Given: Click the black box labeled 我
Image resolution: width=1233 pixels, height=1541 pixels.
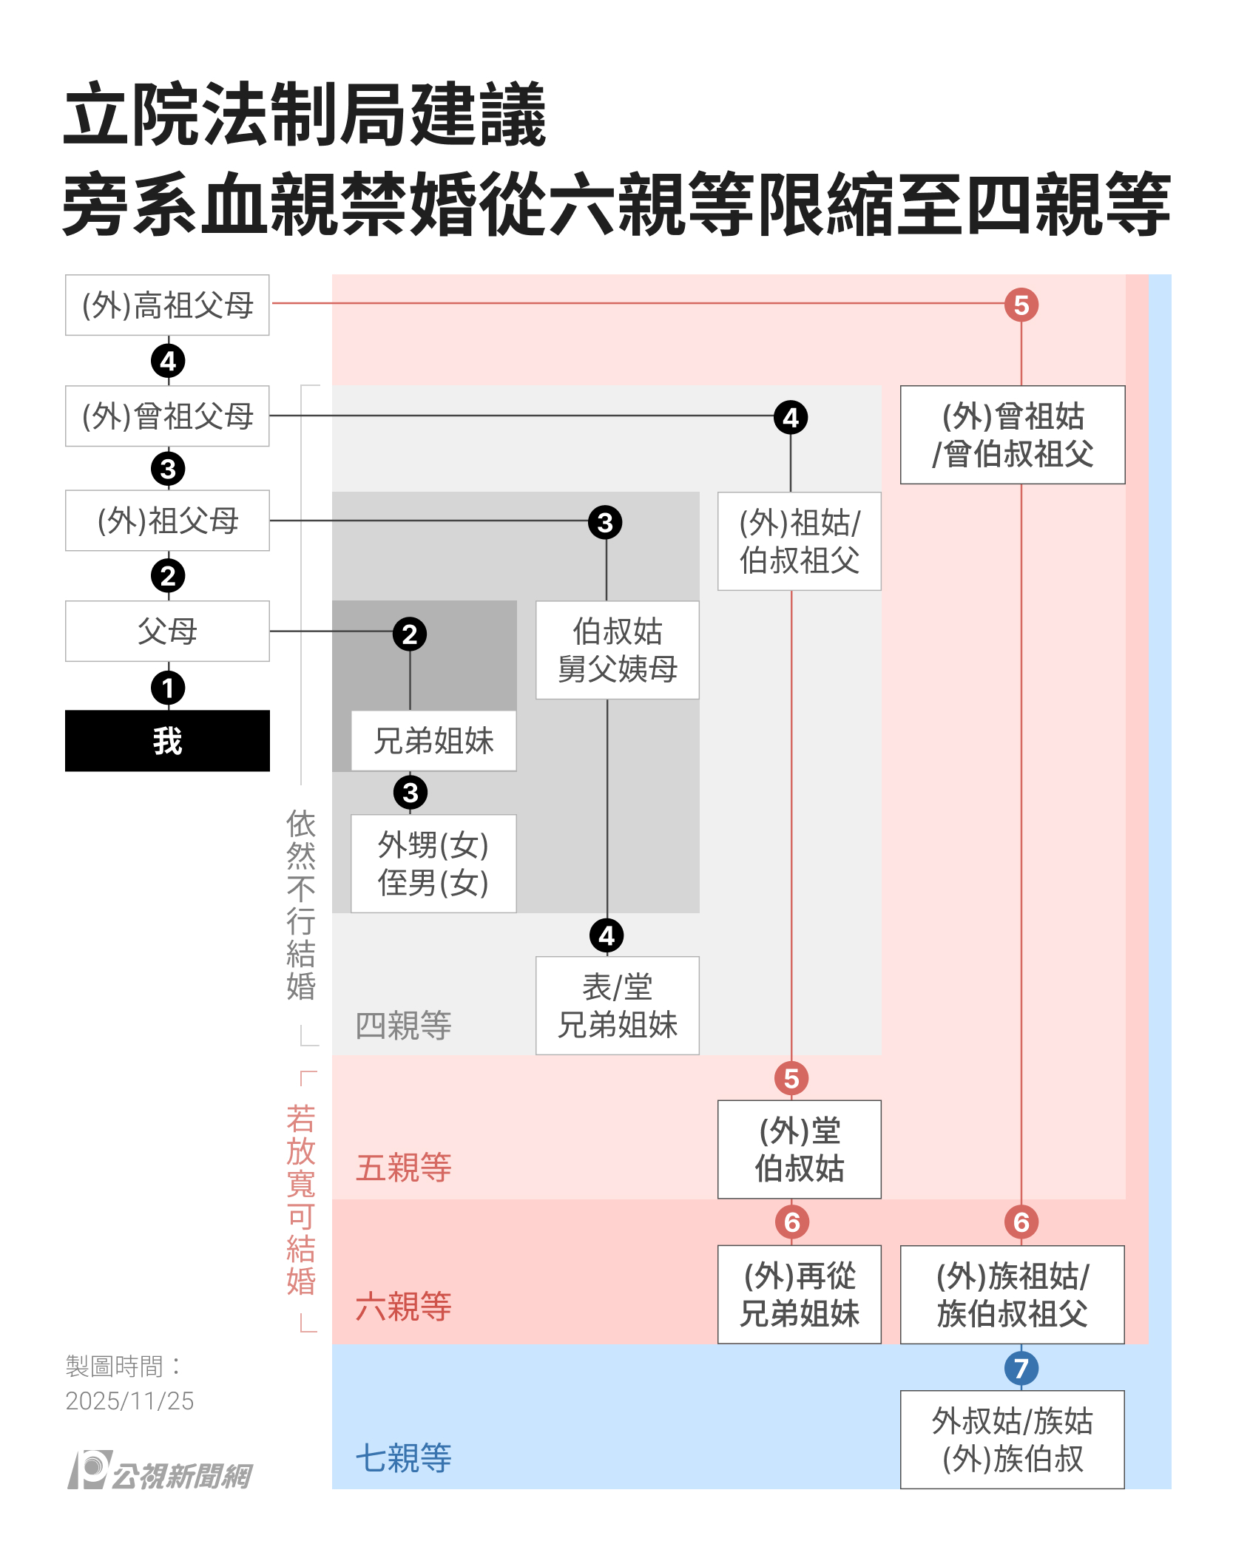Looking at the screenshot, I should pyautogui.click(x=167, y=741).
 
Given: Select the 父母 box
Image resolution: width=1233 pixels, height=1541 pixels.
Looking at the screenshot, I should pyautogui.click(x=167, y=631).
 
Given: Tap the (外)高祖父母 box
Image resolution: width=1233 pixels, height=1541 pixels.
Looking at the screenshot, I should pyautogui.click(x=167, y=305).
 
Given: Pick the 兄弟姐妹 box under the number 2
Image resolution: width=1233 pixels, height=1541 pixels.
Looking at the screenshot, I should pyautogui.click(x=433, y=741).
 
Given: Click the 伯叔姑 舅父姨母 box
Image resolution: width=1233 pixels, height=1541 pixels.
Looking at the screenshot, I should pyautogui.click(x=617, y=650).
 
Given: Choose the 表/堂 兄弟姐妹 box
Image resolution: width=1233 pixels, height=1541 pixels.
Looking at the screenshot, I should pyautogui.click(x=617, y=1006).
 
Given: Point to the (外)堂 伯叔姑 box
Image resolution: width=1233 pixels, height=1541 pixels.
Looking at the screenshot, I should pyautogui.click(x=799, y=1149).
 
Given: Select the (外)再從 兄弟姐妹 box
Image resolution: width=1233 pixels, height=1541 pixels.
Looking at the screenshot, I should pyautogui.click(x=799, y=1294).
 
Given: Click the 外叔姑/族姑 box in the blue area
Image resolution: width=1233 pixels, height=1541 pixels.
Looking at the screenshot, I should pyautogui.click(x=1012, y=1439).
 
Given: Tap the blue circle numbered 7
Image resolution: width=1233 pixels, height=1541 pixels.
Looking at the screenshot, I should pyautogui.click(x=1021, y=1368).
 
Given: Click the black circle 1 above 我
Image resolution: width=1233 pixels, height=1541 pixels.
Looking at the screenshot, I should pyautogui.click(x=168, y=688).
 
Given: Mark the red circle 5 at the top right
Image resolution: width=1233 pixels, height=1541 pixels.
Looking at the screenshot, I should pyautogui.click(x=1021, y=305).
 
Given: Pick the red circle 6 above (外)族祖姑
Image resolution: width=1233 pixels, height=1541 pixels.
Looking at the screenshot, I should pyautogui.click(x=1021, y=1222).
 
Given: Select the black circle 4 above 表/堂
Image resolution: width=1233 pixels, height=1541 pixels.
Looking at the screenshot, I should pyautogui.click(x=607, y=936).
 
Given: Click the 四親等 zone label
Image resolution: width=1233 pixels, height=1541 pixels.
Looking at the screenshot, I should pyautogui.click(x=403, y=1026).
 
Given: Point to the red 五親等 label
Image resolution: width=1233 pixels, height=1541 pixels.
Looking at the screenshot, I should pyautogui.click(x=403, y=1168).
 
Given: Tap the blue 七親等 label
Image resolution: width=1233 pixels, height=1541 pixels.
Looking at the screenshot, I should pyautogui.click(x=403, y=1458).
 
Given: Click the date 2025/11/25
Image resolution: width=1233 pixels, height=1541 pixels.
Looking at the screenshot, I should pyautogui.click(x=129, y=1401).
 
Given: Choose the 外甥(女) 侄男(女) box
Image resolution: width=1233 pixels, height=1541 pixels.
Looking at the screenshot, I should pyautogui.click(x=433, y=864).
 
